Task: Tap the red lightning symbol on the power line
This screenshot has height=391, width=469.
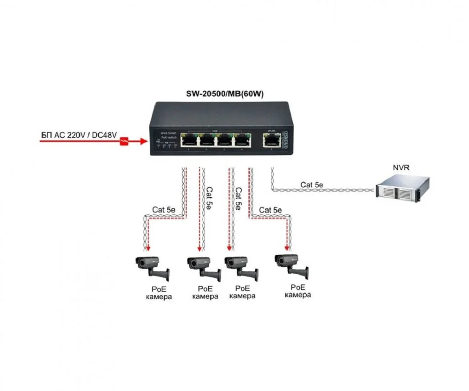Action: pos(124,142)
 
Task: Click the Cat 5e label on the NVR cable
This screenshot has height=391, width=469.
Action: pos(312,185)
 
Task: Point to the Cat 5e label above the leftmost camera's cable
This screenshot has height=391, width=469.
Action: pos(164,209)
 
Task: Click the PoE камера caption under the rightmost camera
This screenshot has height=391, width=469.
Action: pos(297,291)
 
